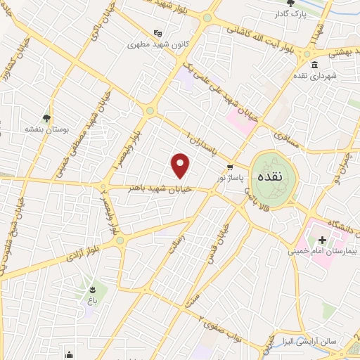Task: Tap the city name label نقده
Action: pos(274,177)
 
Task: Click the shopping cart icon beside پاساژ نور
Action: pos(230,167)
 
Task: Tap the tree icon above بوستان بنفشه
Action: pos(46,118)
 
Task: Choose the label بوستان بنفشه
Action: pos(46,129)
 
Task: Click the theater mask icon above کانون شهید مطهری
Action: pos(158,32)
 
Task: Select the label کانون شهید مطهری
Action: pos(155,44)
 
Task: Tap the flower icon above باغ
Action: pos(92,290)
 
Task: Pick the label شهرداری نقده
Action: pos(336,75)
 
